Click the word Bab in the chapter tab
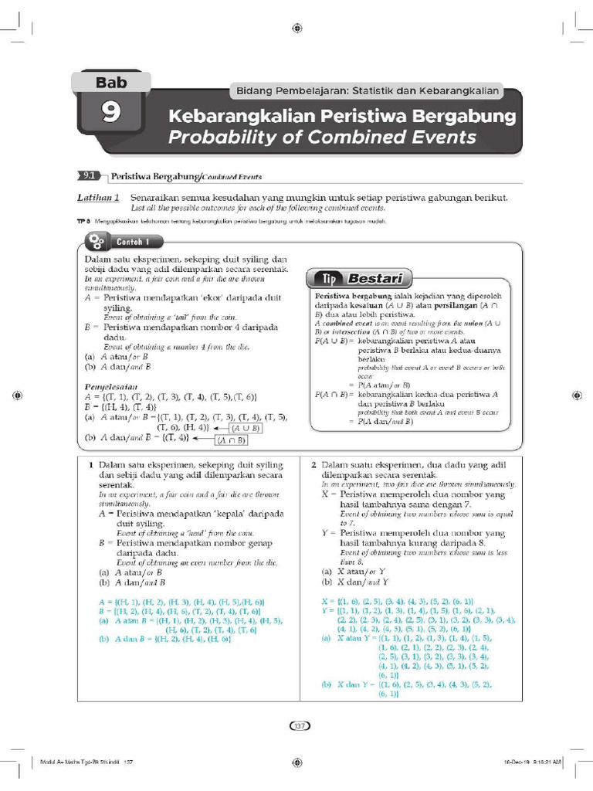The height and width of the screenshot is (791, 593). pos(110,82)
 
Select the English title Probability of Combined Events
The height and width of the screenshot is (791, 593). pos(322,137)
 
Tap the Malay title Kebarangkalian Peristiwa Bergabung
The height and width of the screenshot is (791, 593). pos(341,117)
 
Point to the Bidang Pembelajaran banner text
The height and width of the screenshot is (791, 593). pos(366,92)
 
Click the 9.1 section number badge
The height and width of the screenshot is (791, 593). pos(90,176)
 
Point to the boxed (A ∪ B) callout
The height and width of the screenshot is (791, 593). pos(246,427)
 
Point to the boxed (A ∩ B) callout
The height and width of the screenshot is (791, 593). pos(231,440)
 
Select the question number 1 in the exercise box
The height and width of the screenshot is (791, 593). pos(91,464)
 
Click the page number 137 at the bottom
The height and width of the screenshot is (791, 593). pos(297,725)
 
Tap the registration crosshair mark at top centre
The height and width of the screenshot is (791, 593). pos(297,28)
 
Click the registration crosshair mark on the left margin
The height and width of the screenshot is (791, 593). pos(17,395)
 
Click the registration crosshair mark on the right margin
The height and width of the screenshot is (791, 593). pos(577,395)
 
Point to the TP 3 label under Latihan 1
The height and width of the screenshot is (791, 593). pos(84,222)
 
